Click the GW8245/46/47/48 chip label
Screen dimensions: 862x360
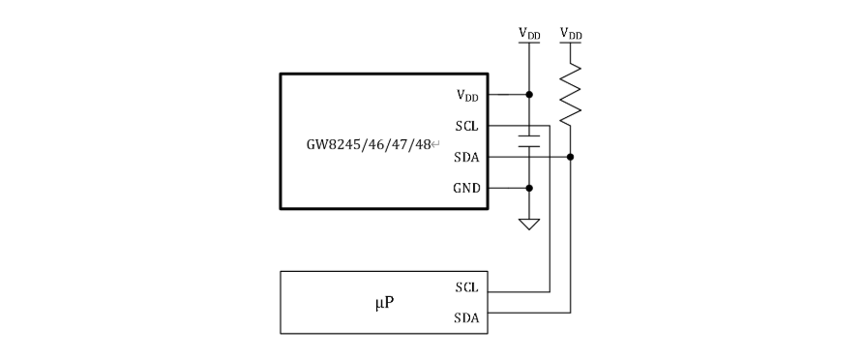[369, 145]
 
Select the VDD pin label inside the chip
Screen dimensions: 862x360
[467, 95]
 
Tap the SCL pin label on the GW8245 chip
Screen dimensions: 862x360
[466, 127]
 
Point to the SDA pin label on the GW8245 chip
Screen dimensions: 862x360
[466, 157]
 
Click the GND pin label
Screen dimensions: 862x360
[466, 188]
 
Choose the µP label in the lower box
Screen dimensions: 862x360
[385, 304]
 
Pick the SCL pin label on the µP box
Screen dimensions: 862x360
[466, 287]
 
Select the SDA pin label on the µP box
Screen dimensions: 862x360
[466, 317]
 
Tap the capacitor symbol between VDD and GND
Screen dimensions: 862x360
[529, 141]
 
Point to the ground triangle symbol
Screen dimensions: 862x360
[529, 225]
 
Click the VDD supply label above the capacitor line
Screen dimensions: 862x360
[529, 34]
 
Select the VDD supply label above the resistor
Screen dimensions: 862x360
[571, 34]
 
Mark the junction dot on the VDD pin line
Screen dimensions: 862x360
[529, 95]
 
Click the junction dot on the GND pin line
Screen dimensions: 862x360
[529, 188]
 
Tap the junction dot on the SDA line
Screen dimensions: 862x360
[570, 157]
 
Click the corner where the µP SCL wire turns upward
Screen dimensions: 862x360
[550, 292]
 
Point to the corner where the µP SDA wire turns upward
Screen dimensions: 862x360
[570, 313]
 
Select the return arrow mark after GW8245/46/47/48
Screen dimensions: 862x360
[435, 145]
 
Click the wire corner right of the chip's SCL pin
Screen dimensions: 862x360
[550, 125]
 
